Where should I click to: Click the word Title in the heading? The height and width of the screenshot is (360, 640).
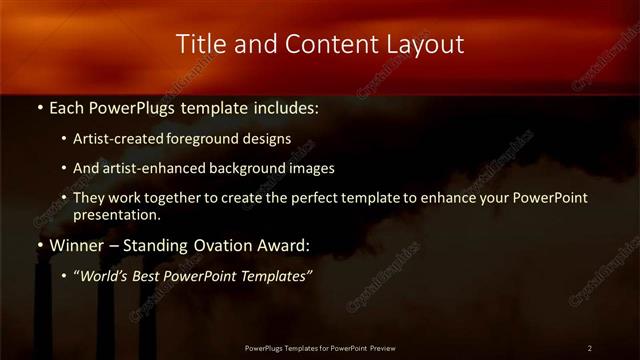coord(198,44)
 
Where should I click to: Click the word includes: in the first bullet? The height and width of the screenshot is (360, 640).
coord(284,107)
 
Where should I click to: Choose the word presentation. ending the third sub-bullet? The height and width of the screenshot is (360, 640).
coord(116,214)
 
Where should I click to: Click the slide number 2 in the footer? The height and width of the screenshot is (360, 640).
coord(590,348)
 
